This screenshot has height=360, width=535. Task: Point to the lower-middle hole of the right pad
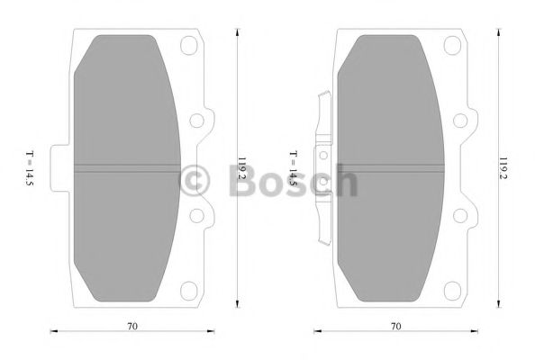(460, 214)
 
